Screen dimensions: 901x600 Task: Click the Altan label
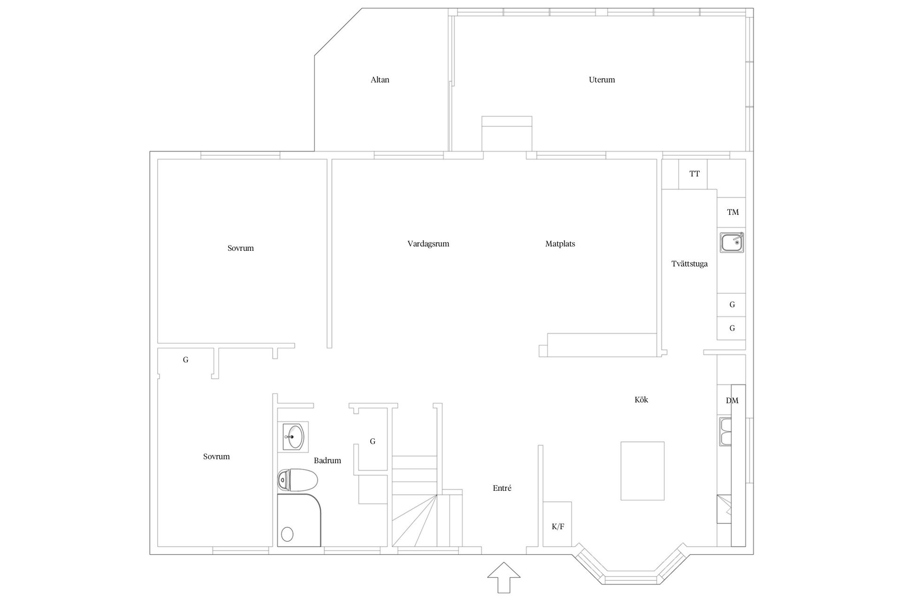coord(380,80)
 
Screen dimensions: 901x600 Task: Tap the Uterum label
coord(602,80)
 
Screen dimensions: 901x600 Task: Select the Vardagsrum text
coord(428,244)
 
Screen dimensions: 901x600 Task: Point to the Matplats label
coord(560,244)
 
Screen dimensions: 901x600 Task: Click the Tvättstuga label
coord(689,264)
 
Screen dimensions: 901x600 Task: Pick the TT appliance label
coord(695,174)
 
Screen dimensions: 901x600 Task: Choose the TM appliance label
coord(733,212)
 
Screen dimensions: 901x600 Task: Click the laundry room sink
coord(732,243)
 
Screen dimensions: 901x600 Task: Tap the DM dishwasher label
coord(732,401)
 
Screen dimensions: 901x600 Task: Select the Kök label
coord(641,400)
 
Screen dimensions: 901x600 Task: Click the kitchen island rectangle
coord(642,471)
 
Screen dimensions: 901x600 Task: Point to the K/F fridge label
coord(558,527)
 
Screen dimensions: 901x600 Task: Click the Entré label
coord(502,488)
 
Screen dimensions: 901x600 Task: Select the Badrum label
coord(328,461)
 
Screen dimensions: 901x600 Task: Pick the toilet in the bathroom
coord(298,480)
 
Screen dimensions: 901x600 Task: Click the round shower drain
coord(287,534)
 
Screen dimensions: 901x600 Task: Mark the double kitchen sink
coord(725,432)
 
